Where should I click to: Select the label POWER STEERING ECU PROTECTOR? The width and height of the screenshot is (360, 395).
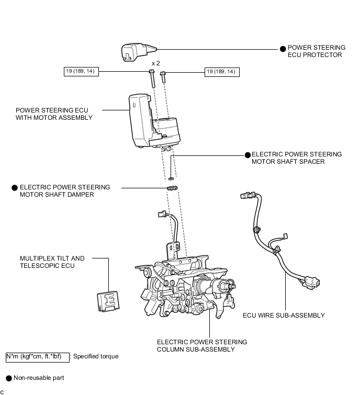pos(317,51)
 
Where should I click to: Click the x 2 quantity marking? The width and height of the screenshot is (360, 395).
pos(155,63)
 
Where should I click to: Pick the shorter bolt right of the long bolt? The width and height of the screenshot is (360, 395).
pos(163,76)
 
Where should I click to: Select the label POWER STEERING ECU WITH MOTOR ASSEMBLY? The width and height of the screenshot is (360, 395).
pos(54,114)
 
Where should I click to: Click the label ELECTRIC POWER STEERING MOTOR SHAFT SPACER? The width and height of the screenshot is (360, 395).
pos(296,158)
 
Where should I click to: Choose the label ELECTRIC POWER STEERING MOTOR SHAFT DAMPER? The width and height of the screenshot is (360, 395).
pos(64,191)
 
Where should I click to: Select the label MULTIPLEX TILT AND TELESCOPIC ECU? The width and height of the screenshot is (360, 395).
pos(52,262)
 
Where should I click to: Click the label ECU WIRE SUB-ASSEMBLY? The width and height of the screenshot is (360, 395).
pos(284,315)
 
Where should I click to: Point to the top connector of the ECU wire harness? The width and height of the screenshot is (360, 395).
pos(246,197)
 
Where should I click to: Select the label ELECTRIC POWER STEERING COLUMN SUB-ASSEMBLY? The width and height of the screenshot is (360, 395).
pos(202,346)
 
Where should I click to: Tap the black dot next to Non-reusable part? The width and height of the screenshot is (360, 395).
pos(8,378)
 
